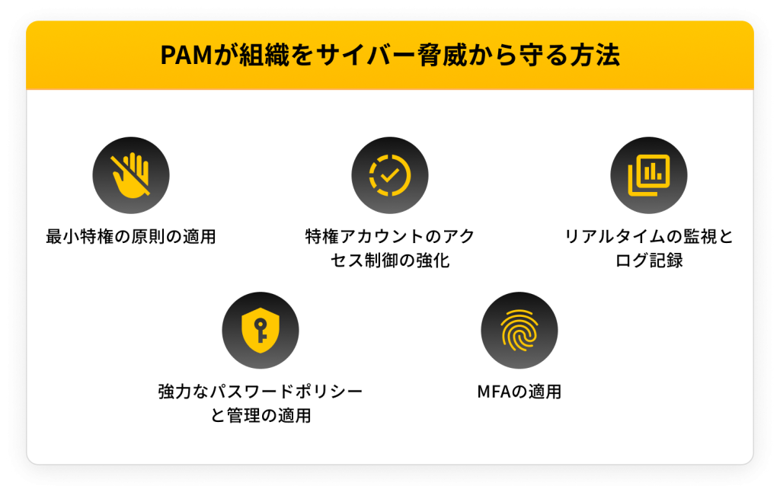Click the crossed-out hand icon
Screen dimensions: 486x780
[x=130, y=176]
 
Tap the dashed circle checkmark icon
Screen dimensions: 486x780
[x=389, y=176]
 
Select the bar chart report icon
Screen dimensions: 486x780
[x=649, y=176]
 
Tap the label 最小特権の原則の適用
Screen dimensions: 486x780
[x=130, y=236]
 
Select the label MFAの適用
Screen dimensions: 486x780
[x=519, y=392]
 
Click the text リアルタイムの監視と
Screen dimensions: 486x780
[x=649, y=236]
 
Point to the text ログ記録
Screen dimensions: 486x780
[x=649, y=260]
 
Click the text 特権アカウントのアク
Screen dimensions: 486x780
[x=389, y=236]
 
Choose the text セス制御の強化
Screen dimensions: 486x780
[x=389, y=260]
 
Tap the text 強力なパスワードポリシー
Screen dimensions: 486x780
[x=260, y=392]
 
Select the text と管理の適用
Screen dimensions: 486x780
[x=260, y=416]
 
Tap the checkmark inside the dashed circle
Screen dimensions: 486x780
[x=389, y=176]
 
